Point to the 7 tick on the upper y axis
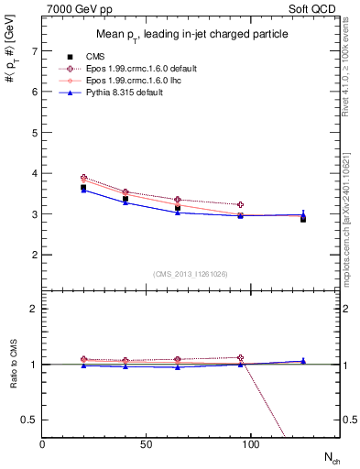point(34,51)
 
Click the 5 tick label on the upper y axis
point(34,133)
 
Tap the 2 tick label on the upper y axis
point(34,255)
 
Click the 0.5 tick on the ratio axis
point(29,420)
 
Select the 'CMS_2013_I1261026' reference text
point(191,274)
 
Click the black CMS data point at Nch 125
point(303,219)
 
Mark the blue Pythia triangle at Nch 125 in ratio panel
point(303,361)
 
